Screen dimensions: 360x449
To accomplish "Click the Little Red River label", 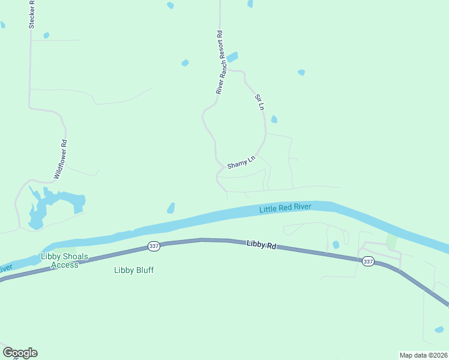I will pyautogui.click(x=285, y=208).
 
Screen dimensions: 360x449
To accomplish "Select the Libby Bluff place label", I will pyautogui.click(x=134, y=270).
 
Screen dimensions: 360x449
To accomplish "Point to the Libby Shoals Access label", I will pyautogui.click(x=59, y=260).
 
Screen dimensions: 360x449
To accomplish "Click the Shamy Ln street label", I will pyautogui.click(x=241, y=162).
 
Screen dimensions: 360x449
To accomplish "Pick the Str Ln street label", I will pyautogui.click(x=260, y=102).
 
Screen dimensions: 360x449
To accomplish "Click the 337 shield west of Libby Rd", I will pyautogui.click(x=153, y=246).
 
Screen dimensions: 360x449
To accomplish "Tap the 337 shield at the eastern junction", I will pyautogui.click(x=368, y=261).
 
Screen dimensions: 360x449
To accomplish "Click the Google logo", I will pyautogui.click(x=20, y=353).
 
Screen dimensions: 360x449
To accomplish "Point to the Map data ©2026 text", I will pyautogui.click(x=423, y=355).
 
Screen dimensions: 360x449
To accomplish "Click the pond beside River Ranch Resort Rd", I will pyautogui.click(x=232, y=58).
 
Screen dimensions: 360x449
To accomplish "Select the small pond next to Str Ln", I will pyautogui.click(x=274, y=119).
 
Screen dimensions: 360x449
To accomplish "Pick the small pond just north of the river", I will pyautogui.click(x=171, y=208).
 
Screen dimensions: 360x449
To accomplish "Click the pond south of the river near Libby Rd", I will pyautogui.click(x=336, y=245).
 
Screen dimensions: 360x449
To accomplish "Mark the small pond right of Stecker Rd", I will pyautogui.click(x=46, y=35).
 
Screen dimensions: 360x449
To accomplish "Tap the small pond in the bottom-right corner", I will pyautogui.click(x=439, y=329).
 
